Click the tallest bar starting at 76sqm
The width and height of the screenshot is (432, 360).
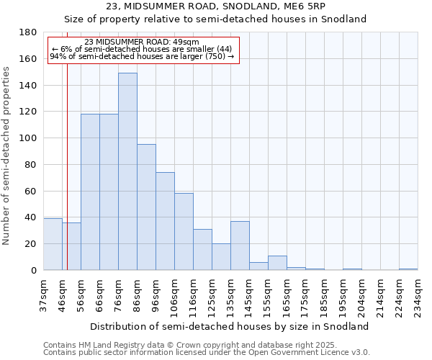(127, 171)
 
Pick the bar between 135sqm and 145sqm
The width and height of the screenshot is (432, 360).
(240, 246)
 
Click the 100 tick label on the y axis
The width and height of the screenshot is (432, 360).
(28, 138)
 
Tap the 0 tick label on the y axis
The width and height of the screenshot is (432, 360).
(33, 271)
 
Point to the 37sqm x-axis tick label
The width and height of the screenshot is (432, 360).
(43, 295)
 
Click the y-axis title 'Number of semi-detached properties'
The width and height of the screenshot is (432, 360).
(7, 156)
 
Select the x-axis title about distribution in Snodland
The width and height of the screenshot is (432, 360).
(230, 326)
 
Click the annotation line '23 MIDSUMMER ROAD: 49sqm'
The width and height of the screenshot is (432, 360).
(142, 42)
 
